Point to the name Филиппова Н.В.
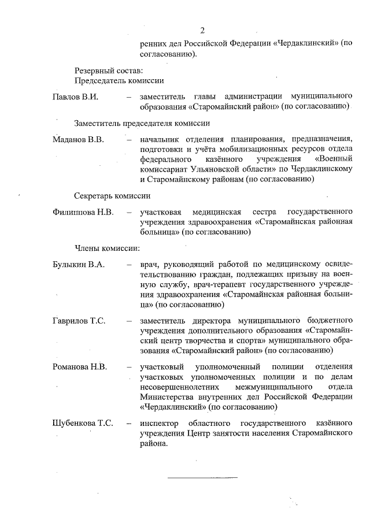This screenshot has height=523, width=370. coord(83,212)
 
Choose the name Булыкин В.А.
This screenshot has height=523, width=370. coord(79,265)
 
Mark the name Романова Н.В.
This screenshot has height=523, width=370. coord(80,366)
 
